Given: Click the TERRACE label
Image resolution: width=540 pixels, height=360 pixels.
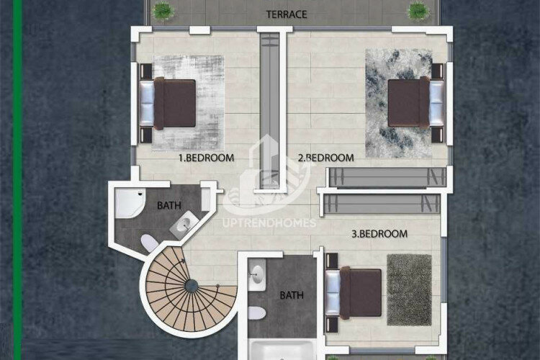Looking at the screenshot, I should tap(287, 14).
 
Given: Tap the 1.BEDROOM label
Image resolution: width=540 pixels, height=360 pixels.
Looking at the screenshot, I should tap(206, 157).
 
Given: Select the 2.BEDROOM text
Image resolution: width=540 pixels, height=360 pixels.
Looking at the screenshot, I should tap(326, 157).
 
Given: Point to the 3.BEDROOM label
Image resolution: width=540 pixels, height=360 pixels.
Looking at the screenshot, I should tap(379, 234).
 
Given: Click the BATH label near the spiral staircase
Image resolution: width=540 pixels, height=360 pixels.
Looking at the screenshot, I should tap(169, 206).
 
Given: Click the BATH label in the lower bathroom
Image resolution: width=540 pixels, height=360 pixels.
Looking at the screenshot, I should tap(292, 295).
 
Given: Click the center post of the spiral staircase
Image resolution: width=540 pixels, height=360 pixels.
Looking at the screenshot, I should tap(192, 287).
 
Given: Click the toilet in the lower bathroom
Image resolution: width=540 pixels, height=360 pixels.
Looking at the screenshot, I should tap(256, 313).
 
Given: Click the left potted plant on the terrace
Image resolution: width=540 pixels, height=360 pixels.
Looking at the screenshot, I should tap(163, 10).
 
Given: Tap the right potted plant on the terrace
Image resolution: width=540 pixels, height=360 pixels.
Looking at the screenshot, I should tap(418, 10).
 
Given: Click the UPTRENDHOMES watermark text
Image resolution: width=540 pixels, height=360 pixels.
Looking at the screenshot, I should tap(269, 222).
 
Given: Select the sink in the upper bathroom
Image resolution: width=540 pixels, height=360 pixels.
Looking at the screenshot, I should tap(182, 225).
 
